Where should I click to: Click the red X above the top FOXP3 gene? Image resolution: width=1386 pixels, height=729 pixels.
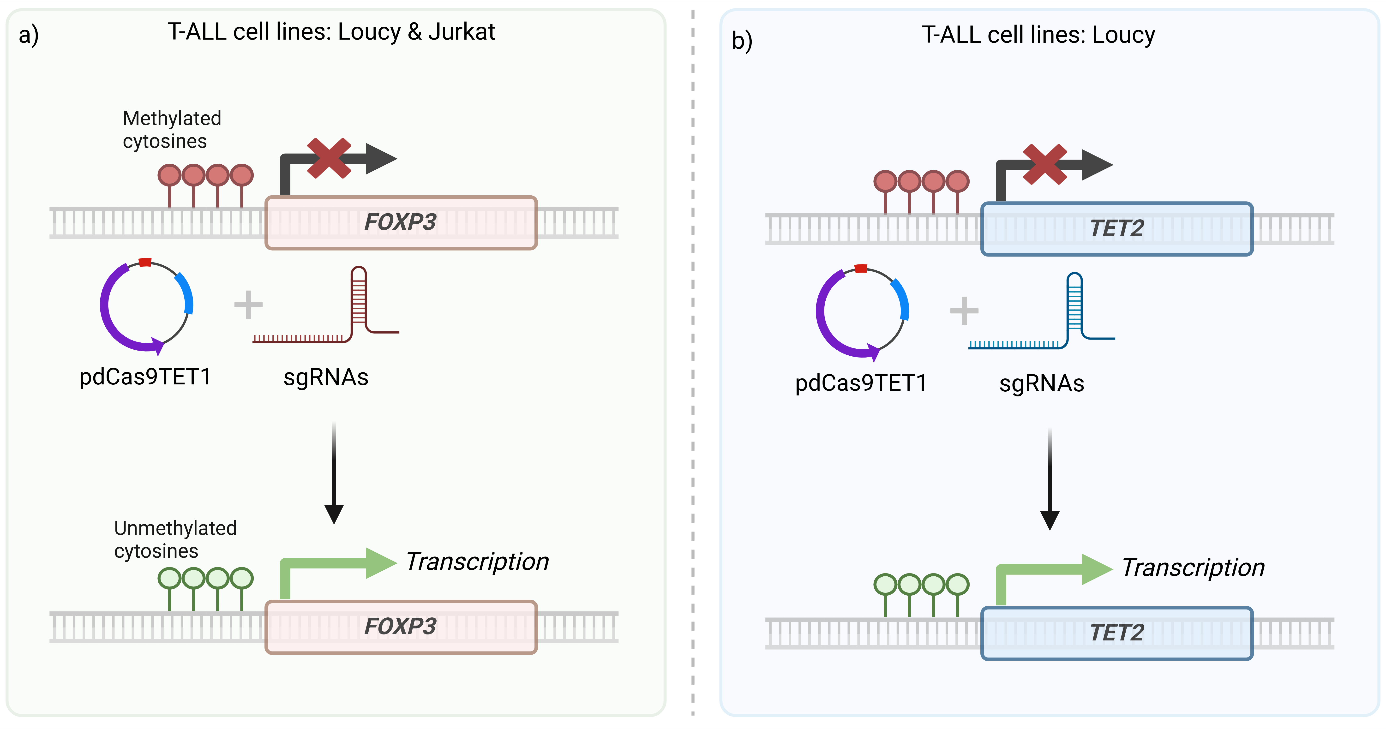tap(329, 158)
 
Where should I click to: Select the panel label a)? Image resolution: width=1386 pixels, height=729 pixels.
tap(29, 36)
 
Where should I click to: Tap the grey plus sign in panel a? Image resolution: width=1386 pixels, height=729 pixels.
tap(248, 305)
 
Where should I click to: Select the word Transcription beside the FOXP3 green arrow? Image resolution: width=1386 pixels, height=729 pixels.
tap(477, 562)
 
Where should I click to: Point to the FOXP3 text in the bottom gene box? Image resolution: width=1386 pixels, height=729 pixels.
tap(400, 626)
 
